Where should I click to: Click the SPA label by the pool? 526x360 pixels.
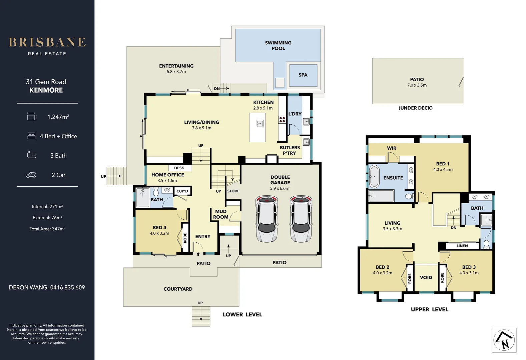303,75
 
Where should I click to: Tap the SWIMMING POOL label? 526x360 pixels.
278,46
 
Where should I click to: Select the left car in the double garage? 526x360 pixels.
267,219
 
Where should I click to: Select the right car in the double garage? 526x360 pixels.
301,219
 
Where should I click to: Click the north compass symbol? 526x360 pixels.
504,340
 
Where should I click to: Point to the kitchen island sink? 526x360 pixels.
260,123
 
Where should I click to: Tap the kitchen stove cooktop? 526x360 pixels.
282,119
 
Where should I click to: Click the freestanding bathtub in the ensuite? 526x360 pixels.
374,176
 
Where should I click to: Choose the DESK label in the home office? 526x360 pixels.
179,168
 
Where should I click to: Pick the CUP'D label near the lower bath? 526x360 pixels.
182,191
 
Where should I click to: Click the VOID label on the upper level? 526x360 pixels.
426,278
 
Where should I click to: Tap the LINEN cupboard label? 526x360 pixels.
462,246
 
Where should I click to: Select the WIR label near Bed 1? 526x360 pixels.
392,148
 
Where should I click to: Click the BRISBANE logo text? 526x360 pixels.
47,42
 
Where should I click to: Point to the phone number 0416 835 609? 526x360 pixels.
68,287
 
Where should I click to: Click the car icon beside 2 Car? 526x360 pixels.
31,175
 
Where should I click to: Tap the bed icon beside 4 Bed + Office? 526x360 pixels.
31,136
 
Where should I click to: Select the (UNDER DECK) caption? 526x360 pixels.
416,108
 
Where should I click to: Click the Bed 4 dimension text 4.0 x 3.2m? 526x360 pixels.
159,233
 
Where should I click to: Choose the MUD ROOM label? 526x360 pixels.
221,214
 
